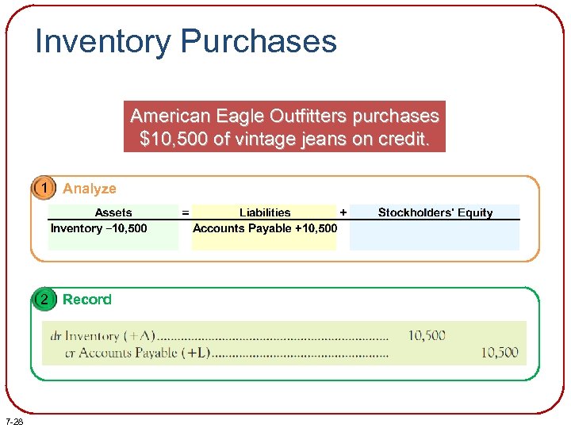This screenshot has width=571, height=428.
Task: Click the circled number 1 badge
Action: tap(45, 189)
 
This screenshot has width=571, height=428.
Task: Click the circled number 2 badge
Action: tap(45, 300)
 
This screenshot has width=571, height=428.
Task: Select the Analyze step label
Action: tap(89, 189)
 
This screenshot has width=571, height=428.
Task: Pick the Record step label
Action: tap(86, 300)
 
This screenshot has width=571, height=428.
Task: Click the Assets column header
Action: tap(113, 212)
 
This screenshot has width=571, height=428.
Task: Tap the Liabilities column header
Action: tap(265, 212)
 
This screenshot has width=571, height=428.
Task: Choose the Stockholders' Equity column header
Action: tap(435, 212)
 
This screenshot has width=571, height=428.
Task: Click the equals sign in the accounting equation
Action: tap(186, 212)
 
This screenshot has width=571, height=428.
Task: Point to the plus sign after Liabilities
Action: tap(343, 212)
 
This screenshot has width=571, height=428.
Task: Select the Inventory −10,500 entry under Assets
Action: tap(99, 228)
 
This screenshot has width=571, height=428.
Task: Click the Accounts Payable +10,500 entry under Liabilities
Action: tap(265, 228)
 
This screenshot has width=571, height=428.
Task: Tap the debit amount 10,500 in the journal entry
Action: tap(427, 335)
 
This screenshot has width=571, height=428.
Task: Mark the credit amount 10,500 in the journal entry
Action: tap(499, 352)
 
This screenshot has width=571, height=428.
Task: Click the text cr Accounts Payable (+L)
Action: tap(136, 353)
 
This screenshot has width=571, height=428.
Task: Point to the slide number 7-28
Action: tap(13, 421)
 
